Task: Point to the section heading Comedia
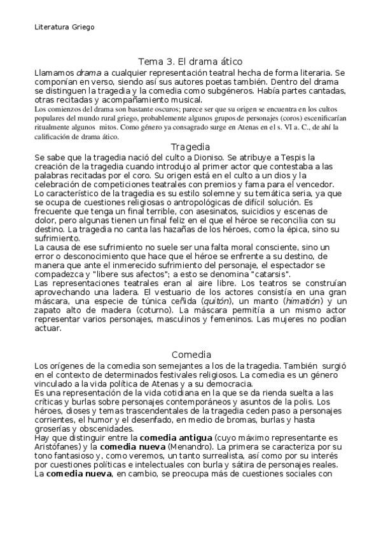tap(191, 354)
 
